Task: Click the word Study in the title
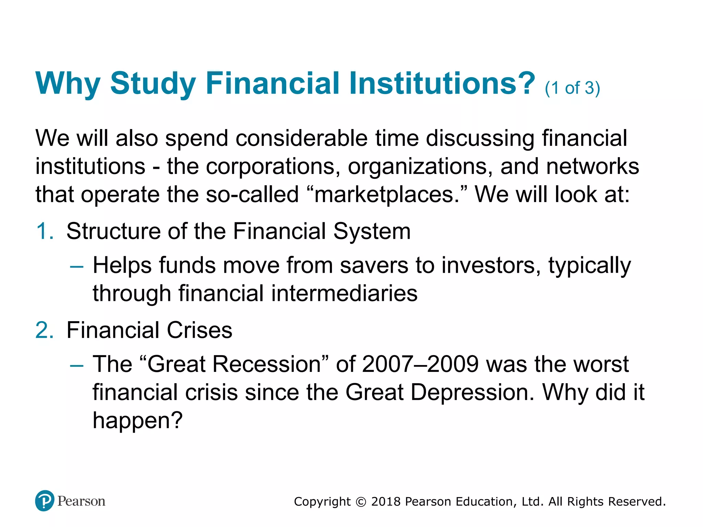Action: [x=153, y=83]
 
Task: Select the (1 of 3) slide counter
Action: [x=572, y=88]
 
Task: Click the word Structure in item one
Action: [x=113, y=231]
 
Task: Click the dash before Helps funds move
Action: [x=76, y=266]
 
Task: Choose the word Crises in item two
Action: [x=199, y=330]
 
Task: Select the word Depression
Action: [x=472, y=392]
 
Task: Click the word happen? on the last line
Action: [x=137, y=421]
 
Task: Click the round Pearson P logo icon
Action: [x=45, y=501]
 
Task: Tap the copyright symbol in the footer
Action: [x=361, y=502]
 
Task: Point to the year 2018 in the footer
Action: [x=386, y=502]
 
